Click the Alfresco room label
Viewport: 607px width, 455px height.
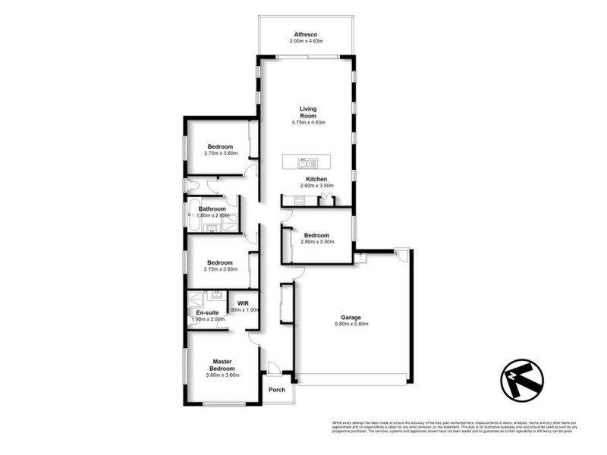306,34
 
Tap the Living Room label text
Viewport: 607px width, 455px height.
307,111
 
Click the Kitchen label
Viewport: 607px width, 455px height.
316,179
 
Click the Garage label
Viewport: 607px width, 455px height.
350,318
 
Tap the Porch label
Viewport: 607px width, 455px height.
278,390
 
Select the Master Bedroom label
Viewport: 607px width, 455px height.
222,365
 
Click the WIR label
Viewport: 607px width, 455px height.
243,303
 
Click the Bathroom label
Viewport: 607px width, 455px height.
212,209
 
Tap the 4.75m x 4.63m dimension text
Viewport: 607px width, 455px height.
307,123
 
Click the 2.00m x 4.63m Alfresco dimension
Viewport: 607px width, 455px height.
306,41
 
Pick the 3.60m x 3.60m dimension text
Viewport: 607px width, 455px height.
222,375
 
